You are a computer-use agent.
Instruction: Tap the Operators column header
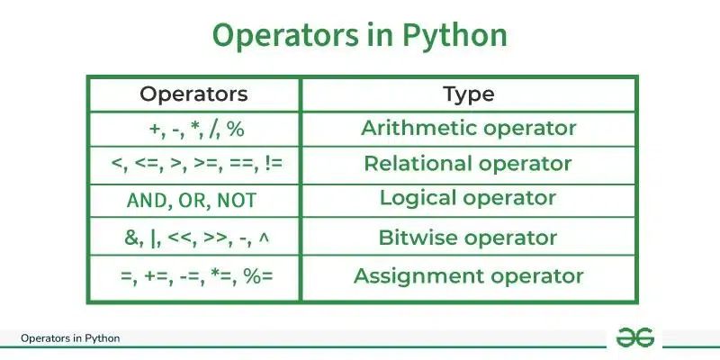193,94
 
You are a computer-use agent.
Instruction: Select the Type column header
468,94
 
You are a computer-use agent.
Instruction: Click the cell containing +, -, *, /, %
193,129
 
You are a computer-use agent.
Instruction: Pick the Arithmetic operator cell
468,128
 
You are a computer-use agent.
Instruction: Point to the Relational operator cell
468,164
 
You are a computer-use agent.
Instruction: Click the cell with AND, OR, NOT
193,200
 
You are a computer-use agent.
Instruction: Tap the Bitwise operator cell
468,238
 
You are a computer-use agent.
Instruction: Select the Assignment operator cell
468,276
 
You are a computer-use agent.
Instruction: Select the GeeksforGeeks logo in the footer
634,337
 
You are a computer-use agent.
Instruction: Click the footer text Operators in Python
70,338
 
